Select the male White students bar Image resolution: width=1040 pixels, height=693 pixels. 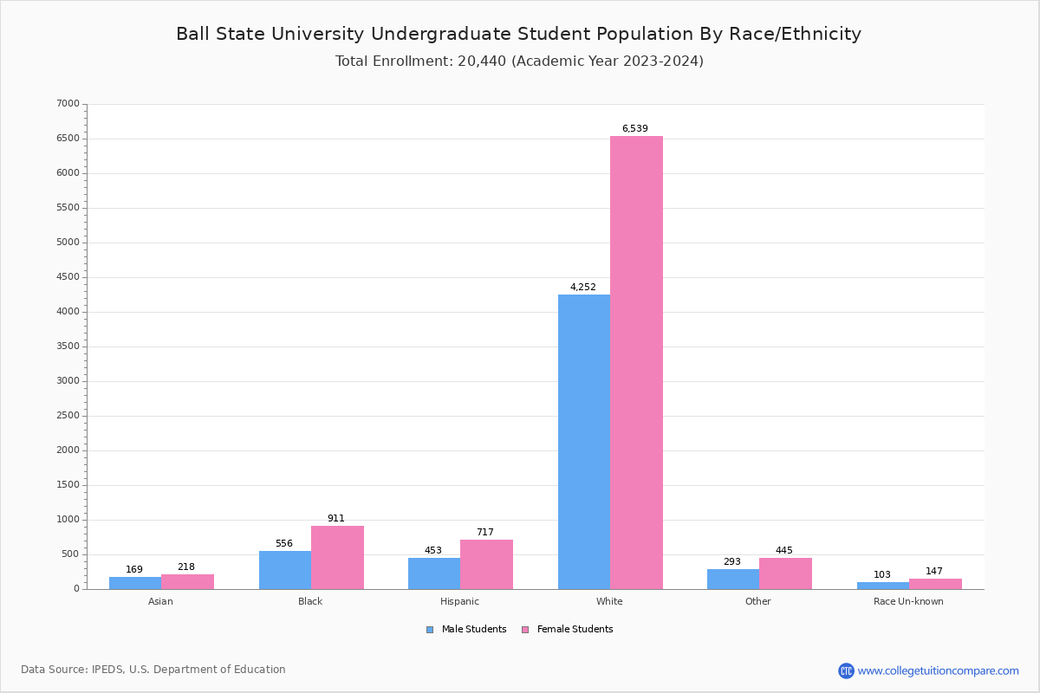(583, 442)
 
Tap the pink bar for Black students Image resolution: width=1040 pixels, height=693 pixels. (337, 557)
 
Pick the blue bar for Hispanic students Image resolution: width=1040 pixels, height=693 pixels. (434, 573)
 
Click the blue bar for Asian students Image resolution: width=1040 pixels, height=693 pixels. (135, 583)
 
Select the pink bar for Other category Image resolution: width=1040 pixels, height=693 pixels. (785, 573)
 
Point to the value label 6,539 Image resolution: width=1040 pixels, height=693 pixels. (634, 129)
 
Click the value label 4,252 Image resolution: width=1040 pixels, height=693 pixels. (582, 288)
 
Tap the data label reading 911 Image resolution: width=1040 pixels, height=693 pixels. (336, 519)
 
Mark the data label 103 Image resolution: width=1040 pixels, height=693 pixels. (882, 575)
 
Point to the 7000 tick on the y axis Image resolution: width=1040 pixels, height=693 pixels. (68, 104)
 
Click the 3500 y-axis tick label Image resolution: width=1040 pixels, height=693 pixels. (68, 346)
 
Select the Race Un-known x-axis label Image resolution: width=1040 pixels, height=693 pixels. (908, 601)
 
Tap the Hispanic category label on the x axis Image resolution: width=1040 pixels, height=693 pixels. (459, 601)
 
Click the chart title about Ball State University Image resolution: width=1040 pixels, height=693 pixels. (518, 34)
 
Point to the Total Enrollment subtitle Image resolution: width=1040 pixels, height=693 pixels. (519, 62)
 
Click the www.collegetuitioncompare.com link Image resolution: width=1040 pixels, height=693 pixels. (938, 670)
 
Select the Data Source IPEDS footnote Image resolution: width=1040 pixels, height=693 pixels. (153, 670)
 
